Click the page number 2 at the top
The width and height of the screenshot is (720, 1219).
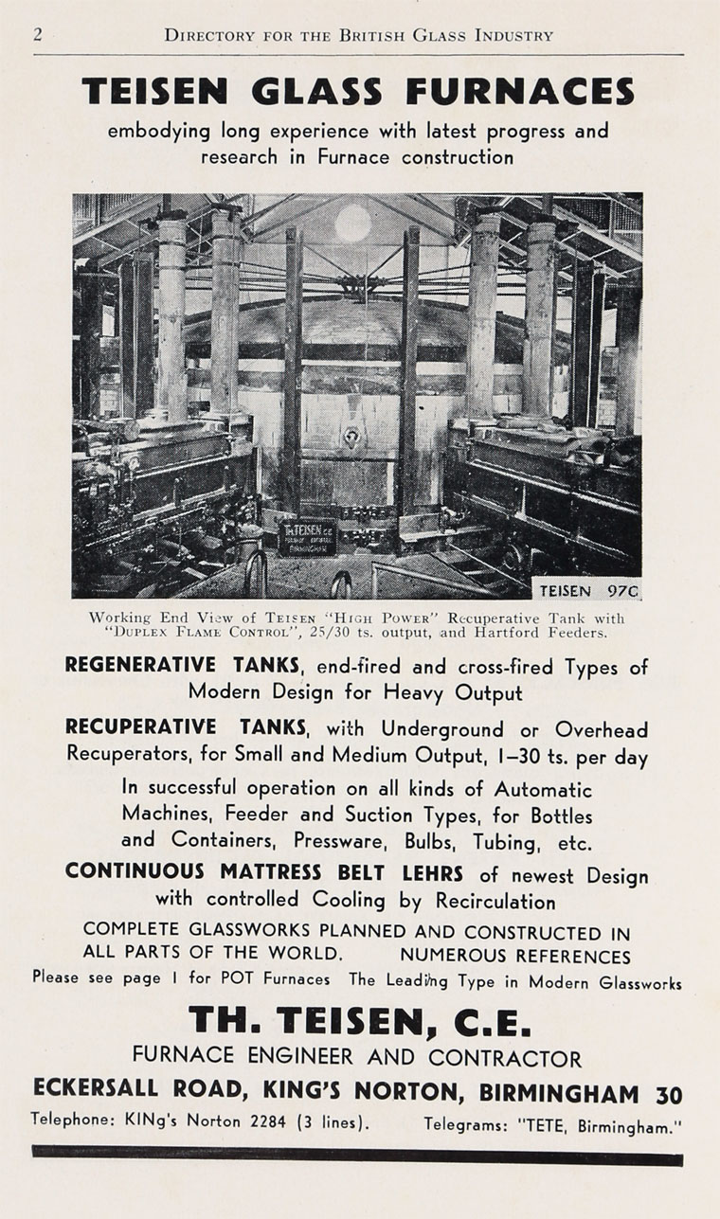pos(38,35)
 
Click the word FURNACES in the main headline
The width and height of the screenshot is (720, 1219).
pos(521,92)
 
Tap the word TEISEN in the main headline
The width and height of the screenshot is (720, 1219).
pos(155,92)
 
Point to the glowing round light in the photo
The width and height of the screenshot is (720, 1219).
pos(352,224)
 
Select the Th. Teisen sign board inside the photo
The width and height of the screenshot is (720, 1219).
pos(307,537)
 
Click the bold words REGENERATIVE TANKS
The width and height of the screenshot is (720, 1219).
pos(185,666)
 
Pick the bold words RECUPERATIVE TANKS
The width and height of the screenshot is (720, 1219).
pos(186,728)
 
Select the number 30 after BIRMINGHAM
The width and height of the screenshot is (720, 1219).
pos(668,1094)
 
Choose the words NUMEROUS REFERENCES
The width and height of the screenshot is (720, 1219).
pos(514,956)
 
